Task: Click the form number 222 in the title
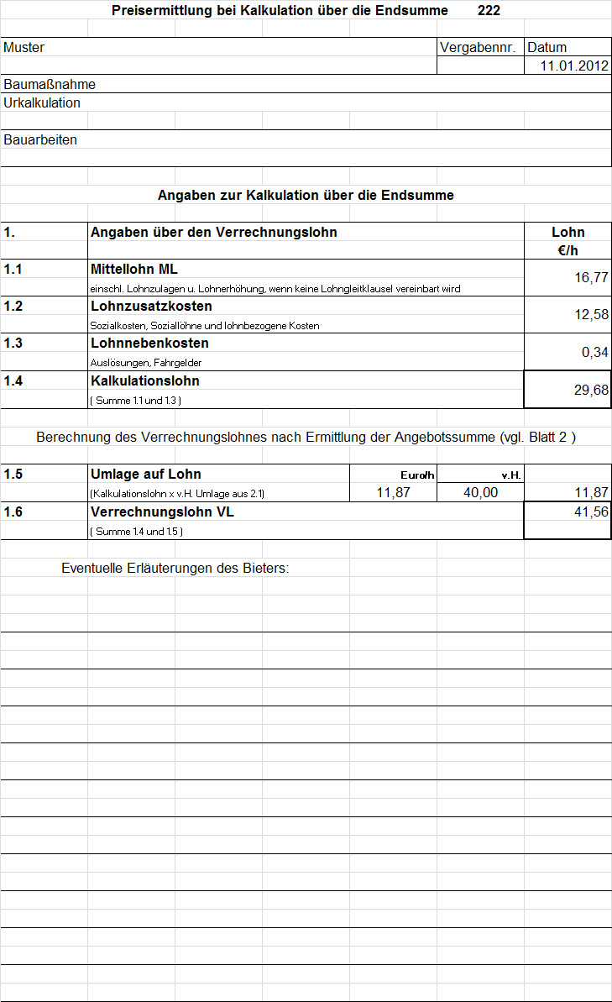pyautogui.click(x=489, y=10)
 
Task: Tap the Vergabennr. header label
pyautogui.click(x=477, y=47)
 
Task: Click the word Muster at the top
pyautogui.click(x=24, y=48)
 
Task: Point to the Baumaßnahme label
pyautogui.click(x=50, y=84)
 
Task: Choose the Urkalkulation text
pyautogui.click(x=42, y=102)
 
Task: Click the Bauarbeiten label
pyautogui.click(x=40, y=139)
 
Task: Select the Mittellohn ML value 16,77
pyautogui.click(x=591, y=278)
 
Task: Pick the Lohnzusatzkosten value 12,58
pyautogui.click(x=591, y=315)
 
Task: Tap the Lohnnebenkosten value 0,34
pyautogui.click(x=594, y=352)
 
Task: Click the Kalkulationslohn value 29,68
pyautogui.click(x=591, y=390)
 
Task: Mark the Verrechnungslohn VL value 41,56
pyautogui.click(x=591, y=511)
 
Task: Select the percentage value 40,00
pyautogui.click(x=480, y=493)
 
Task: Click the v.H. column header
pyautogui.click(x=511, y=475)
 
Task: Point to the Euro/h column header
pyautogui.click(x=417, y=475)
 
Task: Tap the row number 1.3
pyautogui.click(x=13, y=344)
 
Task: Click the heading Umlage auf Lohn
pyautogui.click(x=145, y=474)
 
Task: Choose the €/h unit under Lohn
pyautogui.click(x=568, y=250)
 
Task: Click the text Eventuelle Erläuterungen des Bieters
pyautogui.click(x=175, y=568)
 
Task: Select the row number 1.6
pyautogui.click(x=13, y=511)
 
